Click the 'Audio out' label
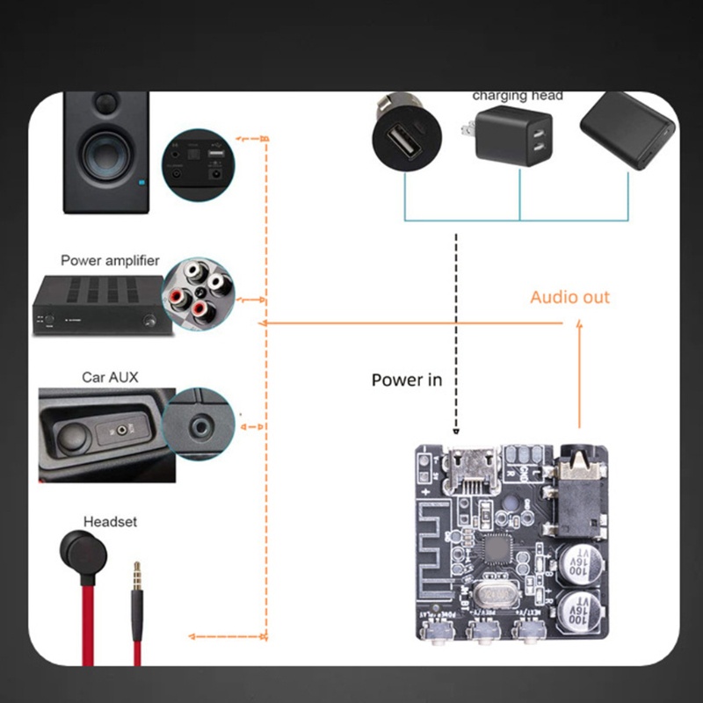[569, 297]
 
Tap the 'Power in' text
[406, 380]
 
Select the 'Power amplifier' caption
[110, 260]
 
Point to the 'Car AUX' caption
[110, 377]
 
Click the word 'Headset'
[110, 521]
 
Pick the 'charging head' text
[517, 96]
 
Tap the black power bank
[627, 132]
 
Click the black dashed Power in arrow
[456, 334]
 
